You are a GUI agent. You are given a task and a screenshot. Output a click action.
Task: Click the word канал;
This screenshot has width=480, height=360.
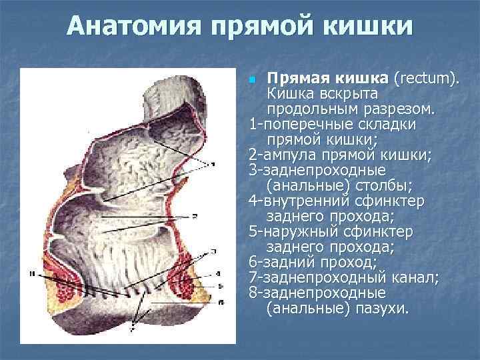(x=413, y=278)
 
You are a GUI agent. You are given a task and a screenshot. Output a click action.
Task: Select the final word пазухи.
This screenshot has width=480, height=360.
(x=385, y=309)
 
